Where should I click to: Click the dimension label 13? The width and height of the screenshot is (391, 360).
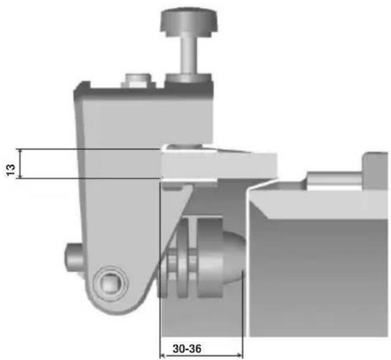click(x=11, y=170)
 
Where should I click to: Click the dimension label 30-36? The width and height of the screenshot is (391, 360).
click(x=187, y=349)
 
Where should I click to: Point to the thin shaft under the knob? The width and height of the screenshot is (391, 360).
click(x=189, y=53)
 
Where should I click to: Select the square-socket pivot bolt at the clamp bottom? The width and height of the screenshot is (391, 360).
click(x=111, y=283)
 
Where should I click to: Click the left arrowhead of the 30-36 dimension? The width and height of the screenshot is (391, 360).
click(x=163, y=355)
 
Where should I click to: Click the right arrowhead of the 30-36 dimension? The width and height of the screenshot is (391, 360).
click(x=239, y=355)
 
